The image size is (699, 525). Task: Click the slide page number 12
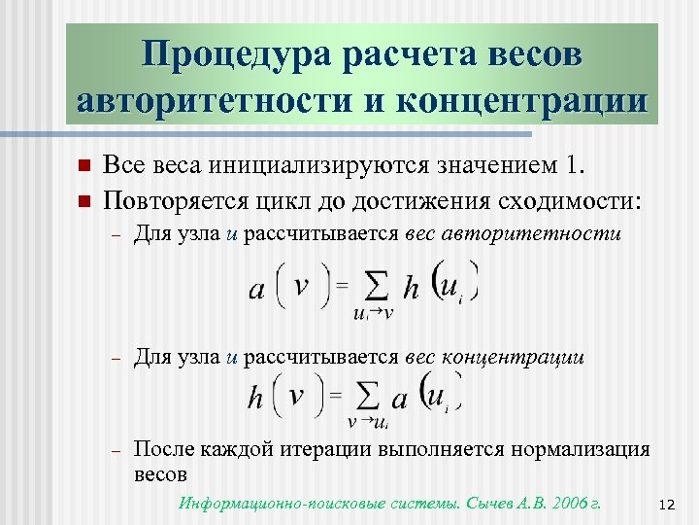[666, 504]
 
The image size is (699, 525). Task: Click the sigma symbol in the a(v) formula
[374, 288]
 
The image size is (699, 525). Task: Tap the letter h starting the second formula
[256, 399]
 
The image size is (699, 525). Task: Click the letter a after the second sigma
[399, 400]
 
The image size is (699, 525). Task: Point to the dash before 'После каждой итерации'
[115, 450]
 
